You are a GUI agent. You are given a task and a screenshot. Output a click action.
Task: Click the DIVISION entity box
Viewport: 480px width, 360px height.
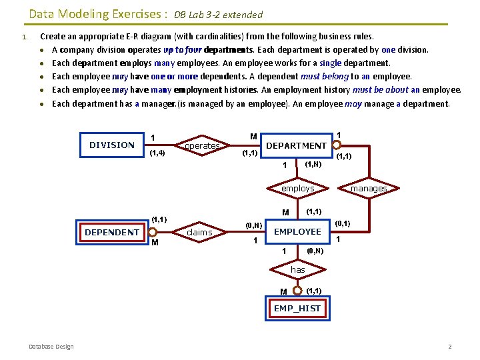pos(112,145)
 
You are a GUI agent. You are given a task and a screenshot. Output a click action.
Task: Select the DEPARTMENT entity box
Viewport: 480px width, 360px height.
pos(296,145)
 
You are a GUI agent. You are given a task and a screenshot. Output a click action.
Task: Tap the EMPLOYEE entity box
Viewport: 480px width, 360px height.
pos(297,231)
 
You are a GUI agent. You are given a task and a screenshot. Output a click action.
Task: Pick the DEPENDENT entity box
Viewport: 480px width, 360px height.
pos(112,232)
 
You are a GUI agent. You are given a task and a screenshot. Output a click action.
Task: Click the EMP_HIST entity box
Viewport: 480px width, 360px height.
pos(297,308)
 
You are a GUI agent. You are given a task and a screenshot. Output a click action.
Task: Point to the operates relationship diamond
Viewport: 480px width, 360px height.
pos(202,145)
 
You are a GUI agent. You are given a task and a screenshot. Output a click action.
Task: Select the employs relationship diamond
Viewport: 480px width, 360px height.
pos(297,189)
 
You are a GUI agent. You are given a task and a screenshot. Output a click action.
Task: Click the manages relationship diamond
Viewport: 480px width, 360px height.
pos(369,189)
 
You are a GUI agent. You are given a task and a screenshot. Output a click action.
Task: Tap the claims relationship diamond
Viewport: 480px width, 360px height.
pos(199,232)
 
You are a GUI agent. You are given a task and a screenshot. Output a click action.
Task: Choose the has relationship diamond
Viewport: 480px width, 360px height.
pos(297,269)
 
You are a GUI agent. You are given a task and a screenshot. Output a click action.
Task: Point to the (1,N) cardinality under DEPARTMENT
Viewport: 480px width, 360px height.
pos(313,163)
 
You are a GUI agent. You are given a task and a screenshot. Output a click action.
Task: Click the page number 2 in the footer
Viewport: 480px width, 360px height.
pos(450,346)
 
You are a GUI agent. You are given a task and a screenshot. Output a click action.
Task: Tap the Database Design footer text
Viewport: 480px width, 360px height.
pos(51,346)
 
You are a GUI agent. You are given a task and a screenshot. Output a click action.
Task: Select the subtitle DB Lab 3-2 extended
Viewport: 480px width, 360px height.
pos(219,15)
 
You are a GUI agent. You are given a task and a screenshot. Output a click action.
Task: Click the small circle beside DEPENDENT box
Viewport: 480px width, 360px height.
pos(153,232)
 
